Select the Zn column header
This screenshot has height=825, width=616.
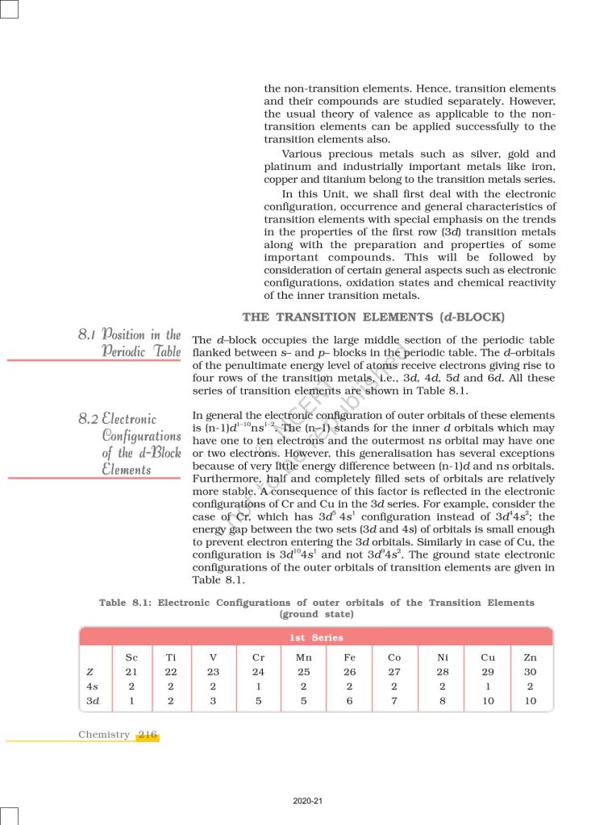pyautogui.click(x=530, y=657)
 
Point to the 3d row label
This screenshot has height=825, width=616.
pyautogui.click(x=92, y=701)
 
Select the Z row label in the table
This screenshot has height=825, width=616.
pyautogui.click(x=88, y=672)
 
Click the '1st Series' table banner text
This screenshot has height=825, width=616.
pyautogui.click(x=315, y=637)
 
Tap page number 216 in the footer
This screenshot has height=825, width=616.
pyautogui.click(x=148, y=735)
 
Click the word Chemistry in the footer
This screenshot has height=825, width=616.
pyautogui.click(x=104, y=735)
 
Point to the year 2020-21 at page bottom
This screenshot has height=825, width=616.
pyautogui.click(x=308, y=801)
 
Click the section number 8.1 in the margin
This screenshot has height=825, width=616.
pyautogui.click(x=89, y=335)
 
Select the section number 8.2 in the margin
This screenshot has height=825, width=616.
pyautogui.click(x=89, y=419)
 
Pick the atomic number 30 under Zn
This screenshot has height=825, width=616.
pyautogui.click(x=530, y=672)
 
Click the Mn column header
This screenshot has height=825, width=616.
pyautogui.click(x=304, y=657)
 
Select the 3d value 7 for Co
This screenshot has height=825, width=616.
pyautogui.click(x=394, y=701)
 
